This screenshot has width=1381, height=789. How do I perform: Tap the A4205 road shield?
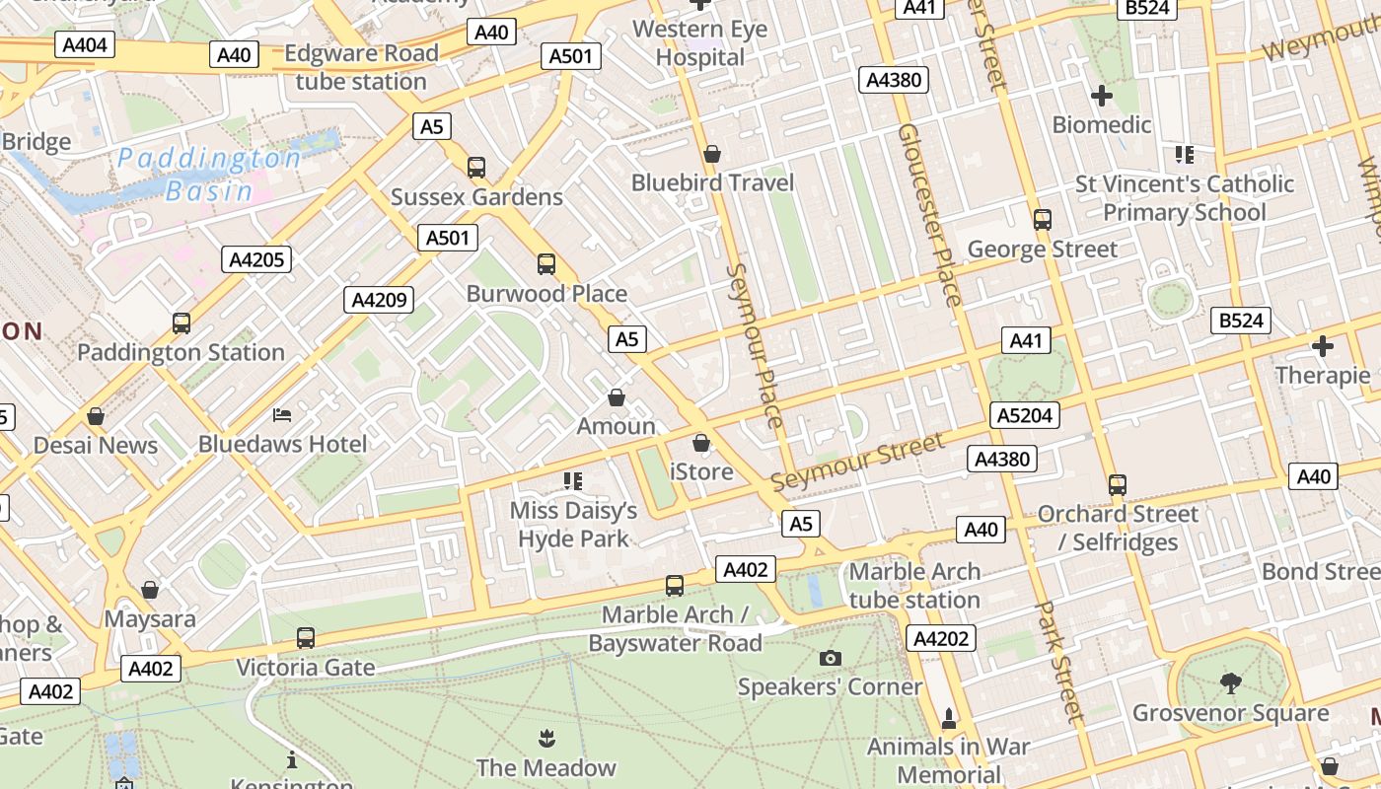click(256, 260)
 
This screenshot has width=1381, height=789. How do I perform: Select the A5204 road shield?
click(1024, 416)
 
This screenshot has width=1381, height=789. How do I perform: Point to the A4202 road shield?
click(941, 639)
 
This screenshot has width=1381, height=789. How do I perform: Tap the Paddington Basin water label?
click(209, 174)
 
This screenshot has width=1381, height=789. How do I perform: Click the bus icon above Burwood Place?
click(546, 264)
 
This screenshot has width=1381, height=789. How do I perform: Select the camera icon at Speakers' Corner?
click(831, 658)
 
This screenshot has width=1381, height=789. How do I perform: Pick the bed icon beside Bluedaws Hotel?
click(282, 415)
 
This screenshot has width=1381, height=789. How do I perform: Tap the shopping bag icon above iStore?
click(701, 443)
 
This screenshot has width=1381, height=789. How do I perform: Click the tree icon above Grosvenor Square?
click(1230, 682)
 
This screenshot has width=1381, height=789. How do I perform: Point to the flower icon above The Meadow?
click(545, 738)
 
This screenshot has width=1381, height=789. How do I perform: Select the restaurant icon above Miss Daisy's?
click(573, 481)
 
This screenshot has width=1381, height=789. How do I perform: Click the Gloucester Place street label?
click(928, 215)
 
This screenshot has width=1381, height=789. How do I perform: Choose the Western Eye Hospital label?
click(699, 43)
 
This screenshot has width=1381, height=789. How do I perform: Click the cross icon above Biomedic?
click(1102, 96)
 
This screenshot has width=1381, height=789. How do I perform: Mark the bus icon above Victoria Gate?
click(306, 638)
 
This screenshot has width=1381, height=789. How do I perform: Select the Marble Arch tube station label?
click(914, 585)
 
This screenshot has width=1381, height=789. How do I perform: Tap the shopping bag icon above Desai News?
click(96, 416)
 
